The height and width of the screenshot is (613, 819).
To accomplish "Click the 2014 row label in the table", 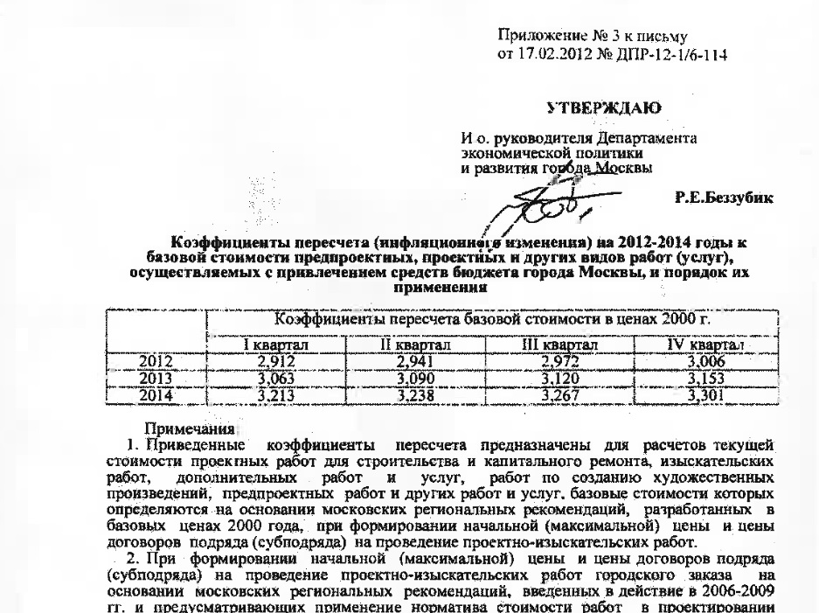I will pos(158,394).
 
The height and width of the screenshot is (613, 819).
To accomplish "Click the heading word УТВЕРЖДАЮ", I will pos(603,108).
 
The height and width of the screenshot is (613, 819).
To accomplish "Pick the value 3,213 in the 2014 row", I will pos(271,394).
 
